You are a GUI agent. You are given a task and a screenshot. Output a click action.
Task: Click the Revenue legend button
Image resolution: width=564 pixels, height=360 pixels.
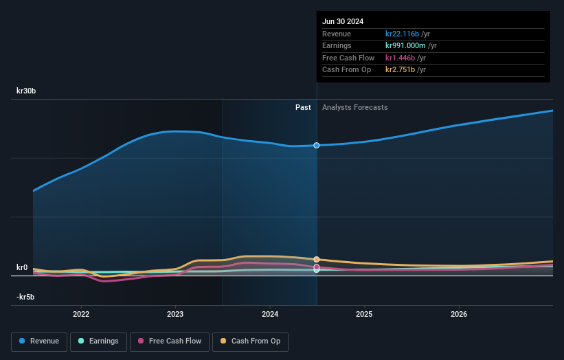[x=39, y=341]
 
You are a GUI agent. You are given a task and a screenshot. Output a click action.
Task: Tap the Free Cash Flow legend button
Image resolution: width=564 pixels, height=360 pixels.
[x=168, y=341]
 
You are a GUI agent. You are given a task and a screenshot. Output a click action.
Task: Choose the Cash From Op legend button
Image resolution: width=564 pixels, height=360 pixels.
[x=251, y=341]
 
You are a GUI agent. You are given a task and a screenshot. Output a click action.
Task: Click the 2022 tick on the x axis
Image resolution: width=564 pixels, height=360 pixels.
[x=81, y=314]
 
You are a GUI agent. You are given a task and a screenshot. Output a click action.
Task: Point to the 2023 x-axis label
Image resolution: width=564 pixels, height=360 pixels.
[x=175, y=314]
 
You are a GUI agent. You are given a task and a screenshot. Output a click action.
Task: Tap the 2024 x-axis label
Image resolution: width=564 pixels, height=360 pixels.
[x=270, y=314]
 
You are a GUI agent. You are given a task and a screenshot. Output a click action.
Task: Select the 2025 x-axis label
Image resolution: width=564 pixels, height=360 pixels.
[x=364, y=314]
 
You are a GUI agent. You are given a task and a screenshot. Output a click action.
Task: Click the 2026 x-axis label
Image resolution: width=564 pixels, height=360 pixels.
[x=459, y=314]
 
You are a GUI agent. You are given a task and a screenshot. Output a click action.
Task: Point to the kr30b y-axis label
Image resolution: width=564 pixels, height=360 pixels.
[x=27, y=91]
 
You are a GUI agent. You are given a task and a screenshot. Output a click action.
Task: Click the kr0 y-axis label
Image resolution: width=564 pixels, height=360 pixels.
[x=23, y=267]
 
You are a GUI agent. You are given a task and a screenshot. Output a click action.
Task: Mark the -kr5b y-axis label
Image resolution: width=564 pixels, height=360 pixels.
[x=27, y=297]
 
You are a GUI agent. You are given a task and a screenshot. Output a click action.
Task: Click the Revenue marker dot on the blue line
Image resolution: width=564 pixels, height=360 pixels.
[x=317, y=146]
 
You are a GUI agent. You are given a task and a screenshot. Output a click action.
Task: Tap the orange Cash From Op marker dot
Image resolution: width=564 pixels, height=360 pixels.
[x=317, y=260]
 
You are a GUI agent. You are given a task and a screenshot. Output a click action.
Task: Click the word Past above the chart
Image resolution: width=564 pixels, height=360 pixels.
[x=303, y=107]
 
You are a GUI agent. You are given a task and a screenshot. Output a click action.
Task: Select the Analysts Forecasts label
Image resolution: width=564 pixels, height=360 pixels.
[x=354, y=107]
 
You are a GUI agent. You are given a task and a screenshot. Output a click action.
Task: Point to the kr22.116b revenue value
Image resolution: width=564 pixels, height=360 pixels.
[x=402, y=34]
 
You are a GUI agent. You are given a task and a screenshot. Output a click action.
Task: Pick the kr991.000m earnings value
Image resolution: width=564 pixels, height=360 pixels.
[x=406, y=45]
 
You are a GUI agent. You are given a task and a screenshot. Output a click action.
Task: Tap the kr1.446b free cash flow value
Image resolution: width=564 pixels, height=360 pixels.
[x=400, y=58]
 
